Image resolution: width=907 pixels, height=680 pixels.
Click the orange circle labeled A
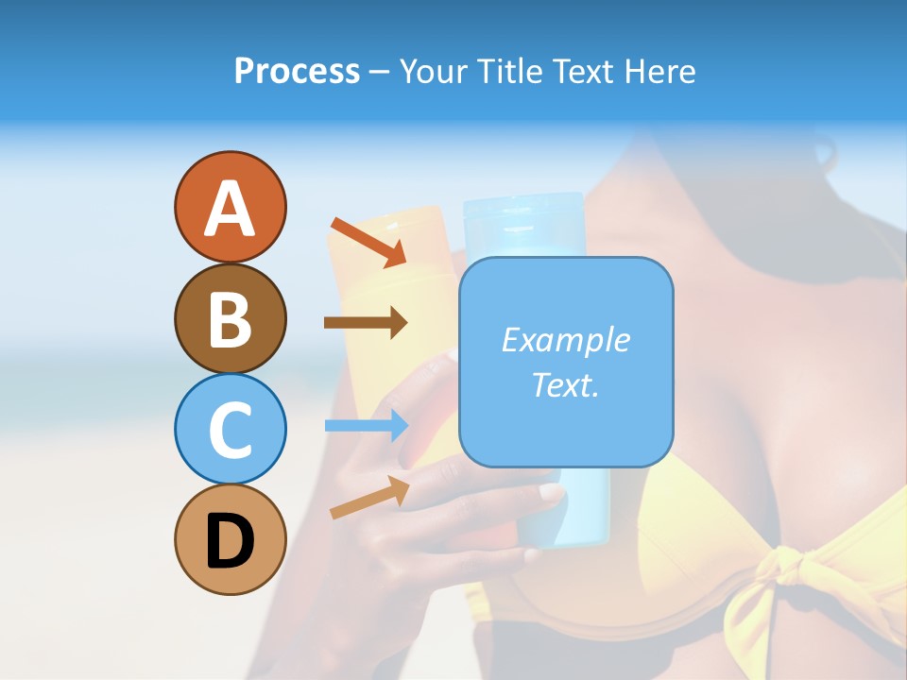230,207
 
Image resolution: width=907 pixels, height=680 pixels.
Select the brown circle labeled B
230,318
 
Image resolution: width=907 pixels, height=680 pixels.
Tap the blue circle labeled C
230,429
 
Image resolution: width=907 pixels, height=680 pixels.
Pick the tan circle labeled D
230,539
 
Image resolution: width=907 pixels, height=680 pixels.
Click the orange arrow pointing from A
368,242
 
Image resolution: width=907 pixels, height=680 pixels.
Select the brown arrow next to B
366,323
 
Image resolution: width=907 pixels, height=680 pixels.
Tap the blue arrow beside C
366,425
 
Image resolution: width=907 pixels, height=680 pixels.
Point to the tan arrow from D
369,498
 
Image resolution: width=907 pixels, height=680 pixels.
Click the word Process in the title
297,71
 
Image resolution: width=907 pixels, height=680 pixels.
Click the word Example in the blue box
565,340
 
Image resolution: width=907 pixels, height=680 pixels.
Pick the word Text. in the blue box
565,384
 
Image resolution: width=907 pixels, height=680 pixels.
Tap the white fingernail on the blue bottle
550,493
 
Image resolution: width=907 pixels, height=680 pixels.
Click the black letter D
230,541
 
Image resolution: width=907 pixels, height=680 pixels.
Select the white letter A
230,208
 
